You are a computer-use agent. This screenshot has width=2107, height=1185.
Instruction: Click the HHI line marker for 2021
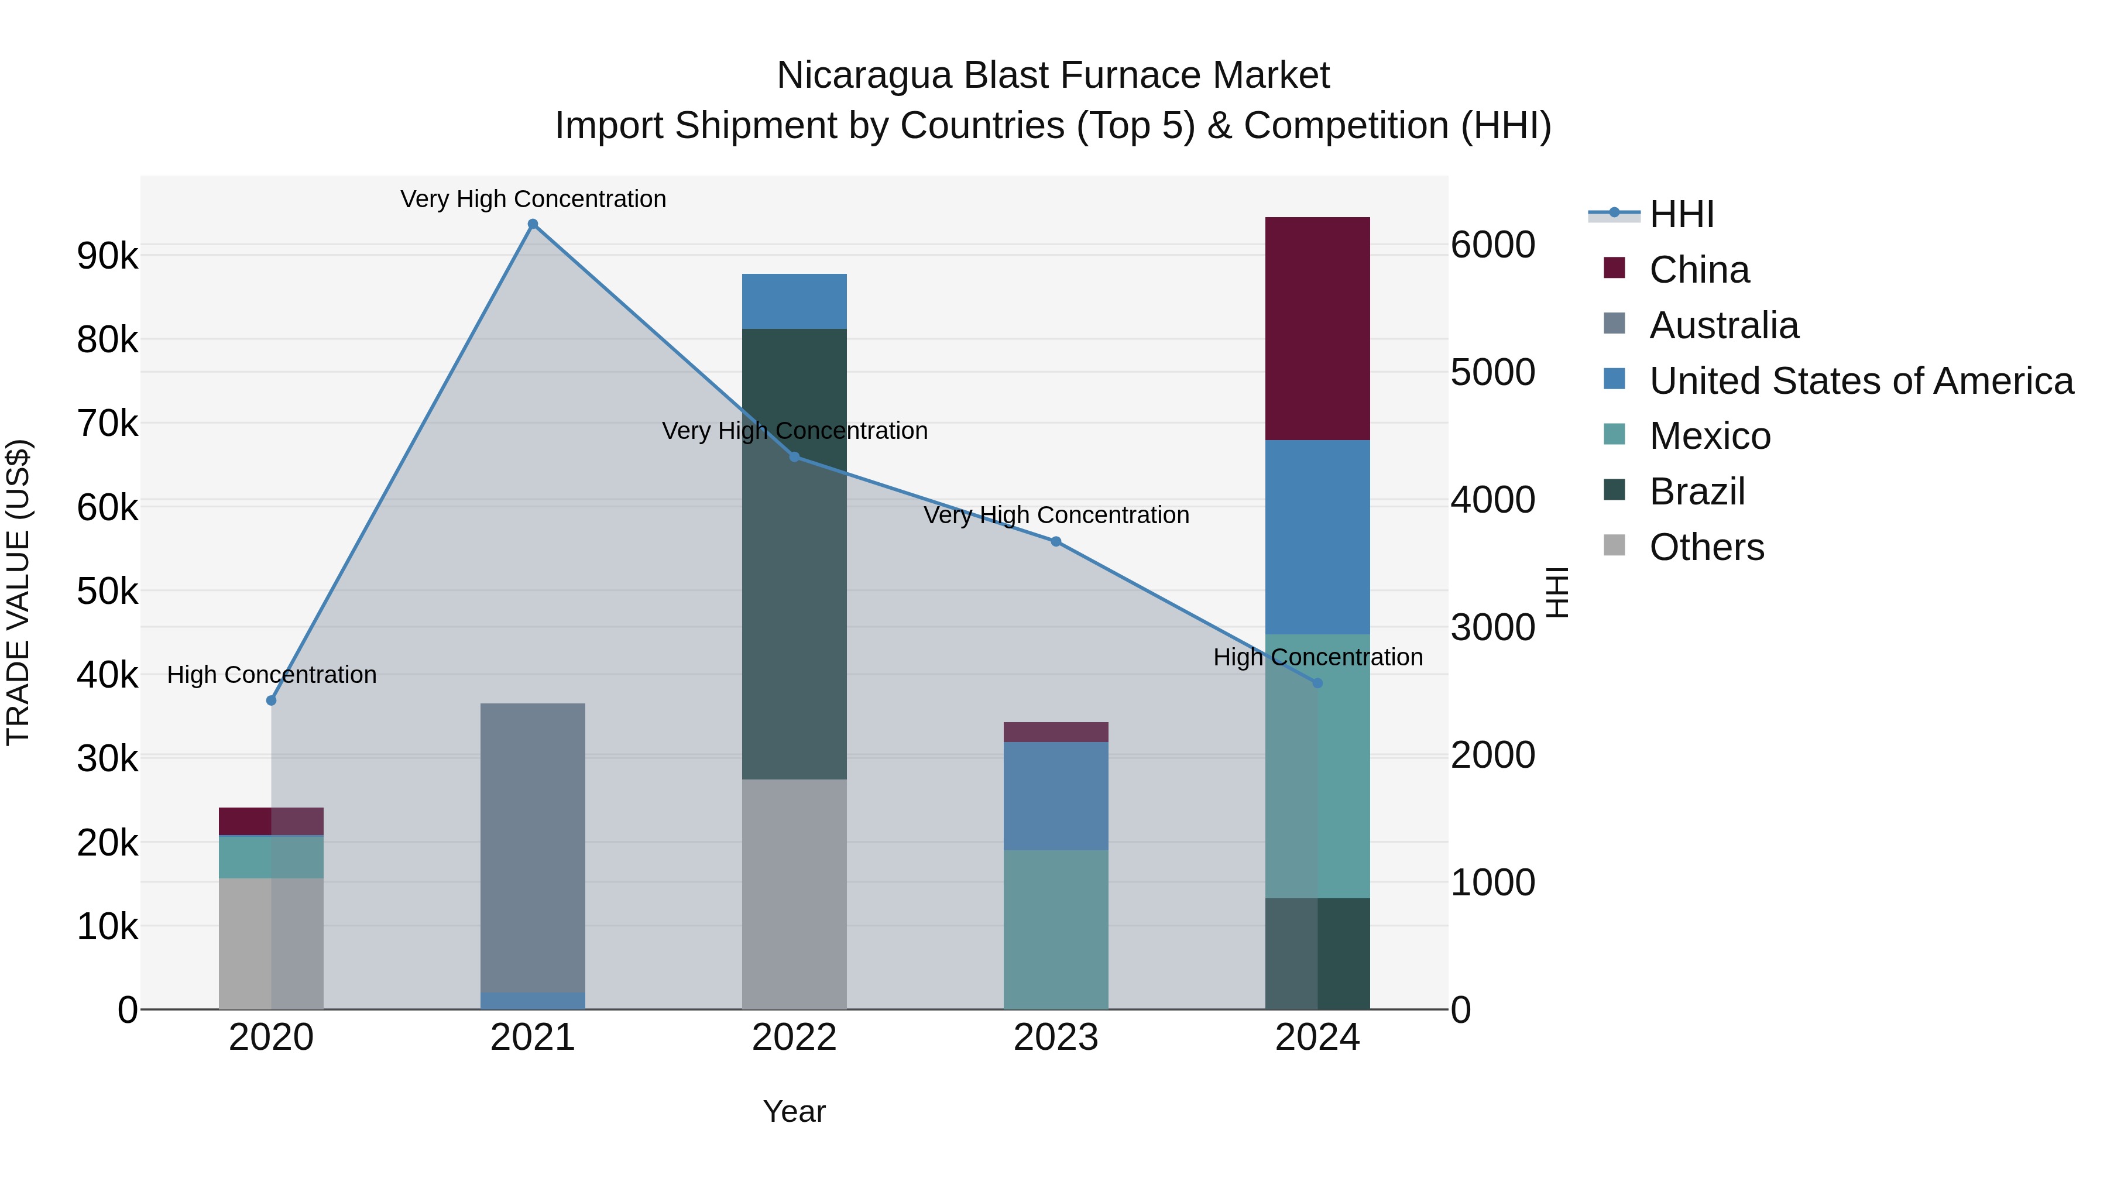[533, 224]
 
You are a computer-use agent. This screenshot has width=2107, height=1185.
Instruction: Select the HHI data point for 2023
[1055, 541]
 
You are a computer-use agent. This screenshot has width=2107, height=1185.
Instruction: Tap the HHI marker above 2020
[272, 700]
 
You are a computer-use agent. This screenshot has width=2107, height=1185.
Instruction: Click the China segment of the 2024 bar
[1317, 328]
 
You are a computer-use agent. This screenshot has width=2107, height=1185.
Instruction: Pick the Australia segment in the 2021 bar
[533, 846]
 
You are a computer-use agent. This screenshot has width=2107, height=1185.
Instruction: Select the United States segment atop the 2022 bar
[794, 301]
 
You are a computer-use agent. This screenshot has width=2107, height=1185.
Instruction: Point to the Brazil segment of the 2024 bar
[1317, 953]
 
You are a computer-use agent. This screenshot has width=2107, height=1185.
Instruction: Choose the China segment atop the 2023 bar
[1055, 732]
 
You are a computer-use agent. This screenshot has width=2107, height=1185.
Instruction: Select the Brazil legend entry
[1697, 492]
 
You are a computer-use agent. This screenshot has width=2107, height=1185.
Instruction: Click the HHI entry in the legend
[1681, 214]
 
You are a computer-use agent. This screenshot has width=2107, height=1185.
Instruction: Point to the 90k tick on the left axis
[107, 256]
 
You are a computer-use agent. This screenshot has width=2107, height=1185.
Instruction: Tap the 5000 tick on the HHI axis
[1492, 372]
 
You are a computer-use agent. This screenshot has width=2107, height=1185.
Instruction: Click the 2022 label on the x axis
[794, 1038]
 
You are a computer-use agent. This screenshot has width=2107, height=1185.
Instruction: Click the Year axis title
[794, 1111]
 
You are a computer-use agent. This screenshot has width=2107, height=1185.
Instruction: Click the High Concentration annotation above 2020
[272, 675]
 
